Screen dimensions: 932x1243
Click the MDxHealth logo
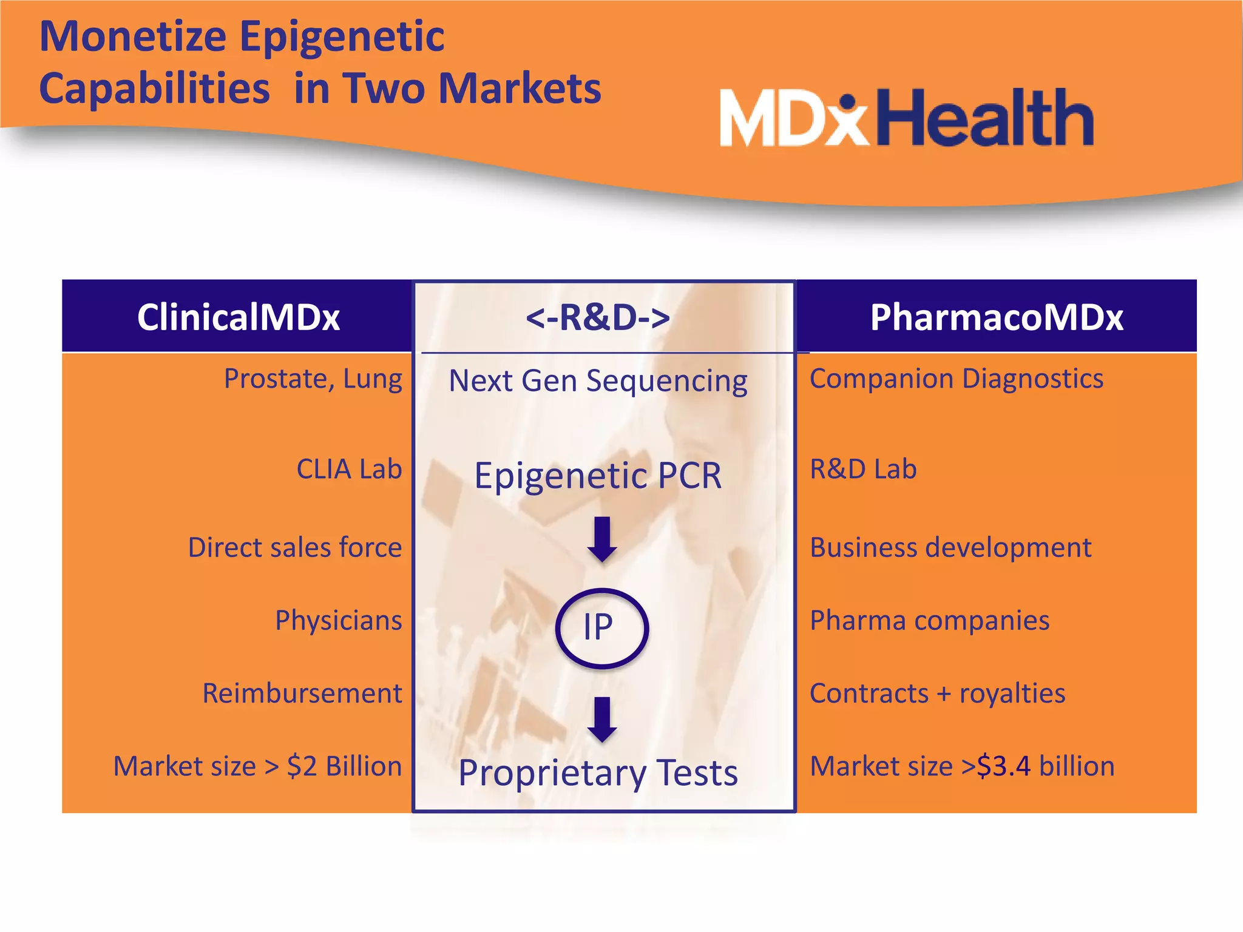[x=907, y=118]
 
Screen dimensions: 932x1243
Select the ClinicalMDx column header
[x=238, y=317]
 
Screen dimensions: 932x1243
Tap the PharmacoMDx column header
[x=997, y=317]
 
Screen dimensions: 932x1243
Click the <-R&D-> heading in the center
[x=598, y=317]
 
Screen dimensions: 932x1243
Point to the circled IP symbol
[x=601, y=628]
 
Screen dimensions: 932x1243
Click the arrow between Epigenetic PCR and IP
[x=602, y=539]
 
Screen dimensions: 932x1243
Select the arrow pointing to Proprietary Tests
[x=602, y=719]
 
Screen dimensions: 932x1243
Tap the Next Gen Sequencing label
[x=598, y=381]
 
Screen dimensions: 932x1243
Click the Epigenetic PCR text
[x=598, y=475]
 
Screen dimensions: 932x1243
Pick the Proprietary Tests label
[x=598, y=773]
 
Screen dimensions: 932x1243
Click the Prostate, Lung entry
[x=313, y=379]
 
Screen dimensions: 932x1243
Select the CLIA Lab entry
[x=349, y=469]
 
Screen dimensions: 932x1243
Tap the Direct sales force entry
[x=295, y=547]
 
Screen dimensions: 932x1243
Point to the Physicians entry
[x=339, y=620]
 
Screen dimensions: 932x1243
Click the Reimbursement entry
[x=302, y=693]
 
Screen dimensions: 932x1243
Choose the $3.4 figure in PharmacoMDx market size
[x=1003, y=766]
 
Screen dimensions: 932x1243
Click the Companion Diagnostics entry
[x=957, y=379]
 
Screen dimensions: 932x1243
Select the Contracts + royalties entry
[x=937, y=693]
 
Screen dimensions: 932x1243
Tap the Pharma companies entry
[x=929, y=620]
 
